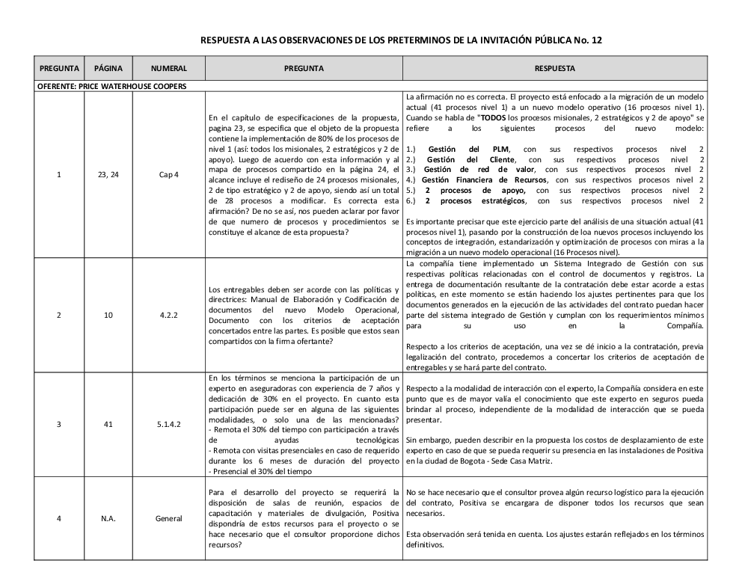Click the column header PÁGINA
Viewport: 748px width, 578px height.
pos(108,69)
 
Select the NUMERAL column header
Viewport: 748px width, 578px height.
pos(168,69)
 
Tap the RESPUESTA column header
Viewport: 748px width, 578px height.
pos(555,69)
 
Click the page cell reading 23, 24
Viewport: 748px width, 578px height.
pos(108,175)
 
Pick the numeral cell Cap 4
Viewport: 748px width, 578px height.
pos(168,175)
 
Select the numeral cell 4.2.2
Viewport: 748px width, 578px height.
pos(168,315)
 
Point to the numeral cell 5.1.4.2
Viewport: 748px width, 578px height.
pos(168,424)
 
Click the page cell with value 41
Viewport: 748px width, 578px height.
pos(108,424)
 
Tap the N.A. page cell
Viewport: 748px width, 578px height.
pos(108,518)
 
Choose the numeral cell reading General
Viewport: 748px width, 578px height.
pos(168,518)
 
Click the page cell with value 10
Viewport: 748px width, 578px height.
pos(108,315)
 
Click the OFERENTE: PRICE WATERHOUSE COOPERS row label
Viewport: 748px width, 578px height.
pos(111,85)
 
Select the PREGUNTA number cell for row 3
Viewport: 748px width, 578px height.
pos(59,424)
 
